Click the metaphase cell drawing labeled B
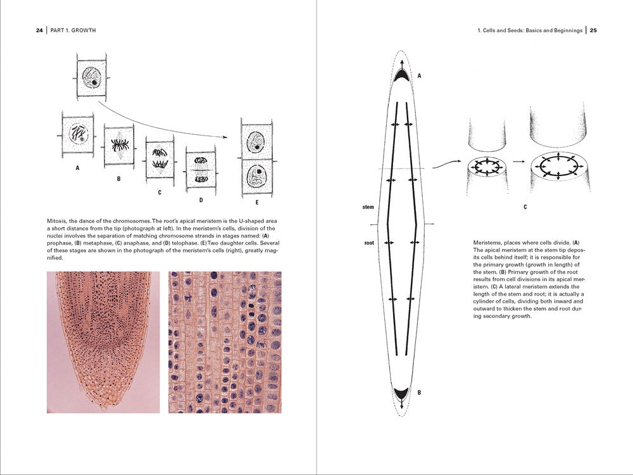point(118,146)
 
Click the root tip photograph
point(103,342)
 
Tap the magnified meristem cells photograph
point(225,342)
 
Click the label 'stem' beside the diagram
point(368,206)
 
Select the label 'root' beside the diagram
point(369,242)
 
